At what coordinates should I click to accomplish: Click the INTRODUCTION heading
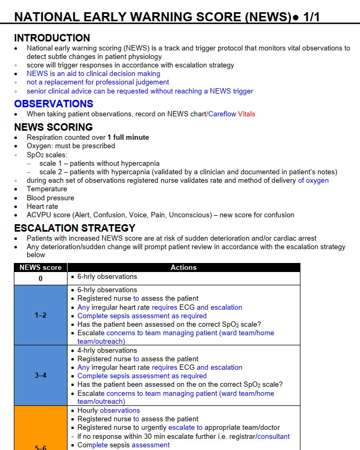click(x=52, y=38)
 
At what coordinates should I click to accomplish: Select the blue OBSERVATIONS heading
click(x=54, y=104)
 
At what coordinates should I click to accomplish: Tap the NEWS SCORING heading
click(x=53, y=127)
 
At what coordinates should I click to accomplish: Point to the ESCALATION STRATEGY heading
click(x=74, y=228)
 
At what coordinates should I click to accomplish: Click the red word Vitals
click(x=246, y=114)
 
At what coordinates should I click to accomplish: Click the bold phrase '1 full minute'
click(x=128, y=137)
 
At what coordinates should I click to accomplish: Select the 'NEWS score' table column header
click(x=40, y=268)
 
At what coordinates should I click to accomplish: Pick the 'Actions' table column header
click(x=183, y=268)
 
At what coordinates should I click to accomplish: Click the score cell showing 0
click(x=40, y=278)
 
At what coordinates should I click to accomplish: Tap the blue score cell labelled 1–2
click(x=40, y=316)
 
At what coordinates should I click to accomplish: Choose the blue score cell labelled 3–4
click(x=40, y=376)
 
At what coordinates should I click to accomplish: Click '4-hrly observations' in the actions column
click(x=107, y=351)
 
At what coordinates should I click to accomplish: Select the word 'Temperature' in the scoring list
click(x=47, y=189)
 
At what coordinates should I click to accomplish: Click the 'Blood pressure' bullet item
click(x=51, y=198)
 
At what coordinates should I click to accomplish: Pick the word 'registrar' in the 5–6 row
click(x=240, y=437)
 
